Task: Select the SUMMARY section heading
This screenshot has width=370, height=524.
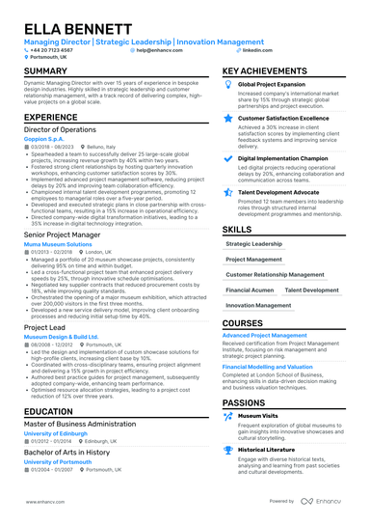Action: tap(46, 72)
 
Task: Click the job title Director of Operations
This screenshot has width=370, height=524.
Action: tap(62, 127)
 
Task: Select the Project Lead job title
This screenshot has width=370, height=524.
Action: tap(45, 328)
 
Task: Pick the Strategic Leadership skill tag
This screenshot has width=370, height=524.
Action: tap(254, 244)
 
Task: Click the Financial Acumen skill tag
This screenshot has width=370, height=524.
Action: tap(250, 290)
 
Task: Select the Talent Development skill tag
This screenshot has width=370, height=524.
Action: tap(312, 290)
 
